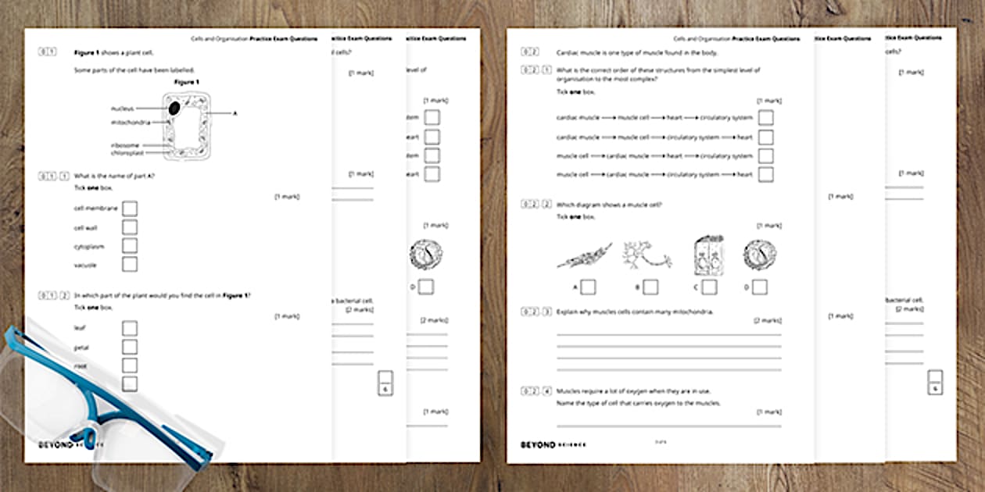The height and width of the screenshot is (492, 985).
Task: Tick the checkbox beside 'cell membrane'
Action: (x=130, y=209)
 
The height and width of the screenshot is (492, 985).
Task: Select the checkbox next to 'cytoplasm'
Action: (x=130, y=246)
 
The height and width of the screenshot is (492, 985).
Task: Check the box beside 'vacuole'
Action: (x=130, y=265)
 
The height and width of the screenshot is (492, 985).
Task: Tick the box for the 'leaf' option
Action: (x=130, y=328)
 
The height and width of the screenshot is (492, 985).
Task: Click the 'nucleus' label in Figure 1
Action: (x=122, y=109)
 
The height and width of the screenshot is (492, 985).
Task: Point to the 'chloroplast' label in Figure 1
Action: (x=127, y=153)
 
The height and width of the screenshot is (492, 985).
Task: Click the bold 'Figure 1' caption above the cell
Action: (x=186, y=82)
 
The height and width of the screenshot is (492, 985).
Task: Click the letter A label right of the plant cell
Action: (x=235, y=113)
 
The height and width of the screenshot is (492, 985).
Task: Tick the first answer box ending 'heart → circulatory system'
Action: (x=766, y=118)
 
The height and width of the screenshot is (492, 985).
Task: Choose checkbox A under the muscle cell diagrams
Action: (x=588, y=287)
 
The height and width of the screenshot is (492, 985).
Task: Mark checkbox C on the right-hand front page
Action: (x=709, y=287)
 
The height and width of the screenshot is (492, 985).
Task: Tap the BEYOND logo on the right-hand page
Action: (x=538, y=444)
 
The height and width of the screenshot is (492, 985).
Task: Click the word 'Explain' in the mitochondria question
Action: (x=566, y=312)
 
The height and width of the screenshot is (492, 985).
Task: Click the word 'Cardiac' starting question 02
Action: (x=567, y=52)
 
